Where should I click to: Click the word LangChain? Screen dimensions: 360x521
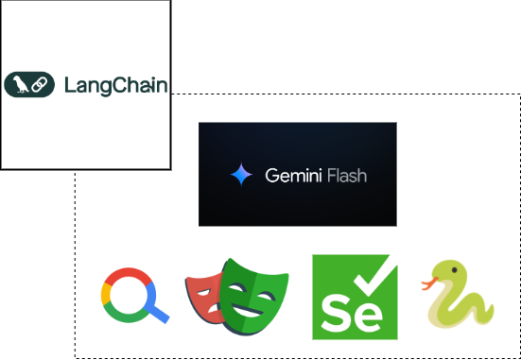coord(115,85)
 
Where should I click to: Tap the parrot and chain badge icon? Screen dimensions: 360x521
coord(29,85)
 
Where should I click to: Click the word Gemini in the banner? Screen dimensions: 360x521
coord(291,175)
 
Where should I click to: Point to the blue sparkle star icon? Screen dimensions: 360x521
coord(242,175)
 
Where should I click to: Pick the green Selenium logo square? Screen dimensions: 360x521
coord(355,296)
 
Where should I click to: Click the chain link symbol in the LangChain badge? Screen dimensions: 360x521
coord(40,85)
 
